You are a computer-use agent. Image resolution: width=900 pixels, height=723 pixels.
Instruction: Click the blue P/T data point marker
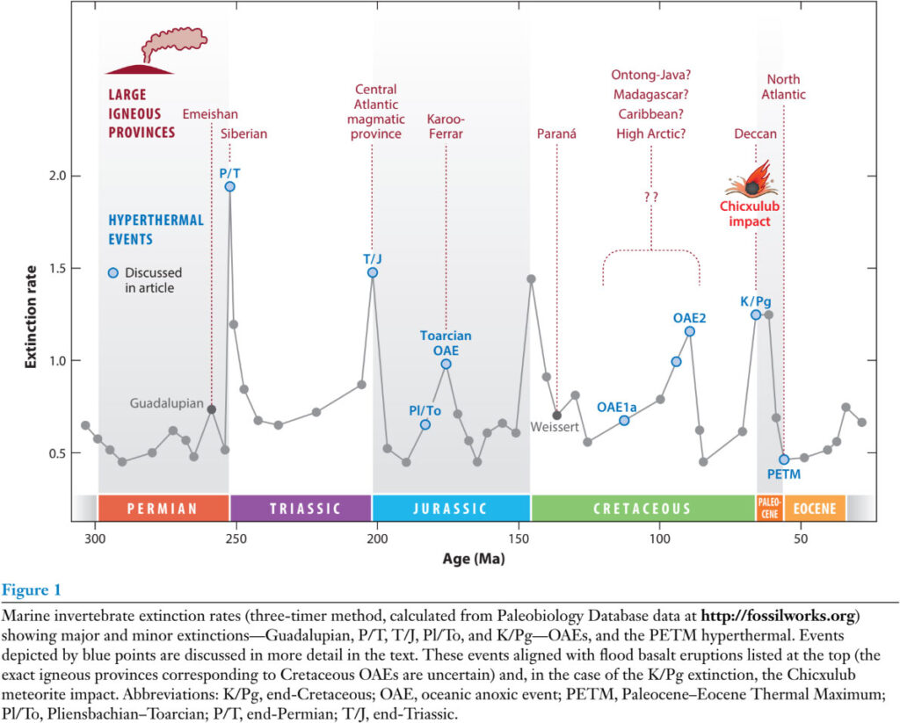pos(229,186)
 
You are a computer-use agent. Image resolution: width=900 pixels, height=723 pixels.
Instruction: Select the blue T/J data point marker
pos(373,272)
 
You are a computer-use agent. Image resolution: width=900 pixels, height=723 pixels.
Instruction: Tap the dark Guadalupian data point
pos(211,409)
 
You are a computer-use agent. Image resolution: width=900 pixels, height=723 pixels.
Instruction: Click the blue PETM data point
pos(784,459)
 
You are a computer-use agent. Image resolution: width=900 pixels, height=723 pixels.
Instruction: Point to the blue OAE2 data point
pos(690,331)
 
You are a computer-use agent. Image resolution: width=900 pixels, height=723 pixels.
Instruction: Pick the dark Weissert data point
pos(557,415)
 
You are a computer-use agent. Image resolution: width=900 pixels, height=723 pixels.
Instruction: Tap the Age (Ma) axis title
pos(473,559)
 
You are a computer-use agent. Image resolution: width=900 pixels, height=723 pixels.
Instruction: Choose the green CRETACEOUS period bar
pos(642,509)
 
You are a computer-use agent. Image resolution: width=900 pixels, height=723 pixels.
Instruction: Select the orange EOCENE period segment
pos(814,509)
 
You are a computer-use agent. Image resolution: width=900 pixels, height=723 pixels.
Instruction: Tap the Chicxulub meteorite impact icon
pos(751,180)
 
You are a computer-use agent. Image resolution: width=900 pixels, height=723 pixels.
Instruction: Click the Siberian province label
pos(243,134)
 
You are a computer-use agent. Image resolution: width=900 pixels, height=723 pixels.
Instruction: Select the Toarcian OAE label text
pos(446,343)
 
